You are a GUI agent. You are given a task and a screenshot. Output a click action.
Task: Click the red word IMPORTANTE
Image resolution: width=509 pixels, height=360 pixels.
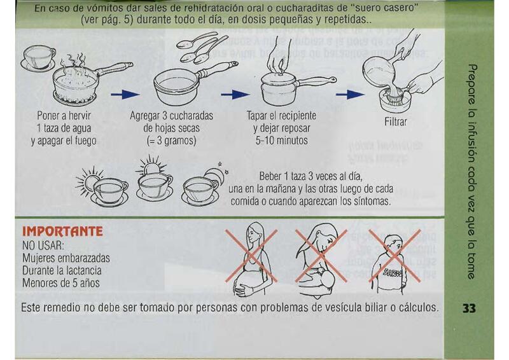(x=62, y=231)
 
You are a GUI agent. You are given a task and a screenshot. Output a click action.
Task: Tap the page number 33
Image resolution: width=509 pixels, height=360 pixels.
(x=469, y=308)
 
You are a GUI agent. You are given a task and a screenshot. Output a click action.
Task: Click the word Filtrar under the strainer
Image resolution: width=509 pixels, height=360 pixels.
(x=395, y=121)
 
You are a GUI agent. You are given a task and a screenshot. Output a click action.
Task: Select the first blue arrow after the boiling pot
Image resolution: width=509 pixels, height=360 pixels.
(x=125, y=95)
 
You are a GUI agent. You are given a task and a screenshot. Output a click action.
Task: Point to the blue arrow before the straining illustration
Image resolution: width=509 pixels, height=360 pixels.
(x=350, y=95)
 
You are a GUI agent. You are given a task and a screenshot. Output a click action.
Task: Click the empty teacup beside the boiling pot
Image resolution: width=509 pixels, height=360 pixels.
(x=38, y=59)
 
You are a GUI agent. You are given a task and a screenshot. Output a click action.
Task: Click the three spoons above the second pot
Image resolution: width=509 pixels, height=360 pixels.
(x=202, y=47)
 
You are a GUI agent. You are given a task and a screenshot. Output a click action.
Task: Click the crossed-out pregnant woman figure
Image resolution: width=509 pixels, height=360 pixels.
(x=251, y=258)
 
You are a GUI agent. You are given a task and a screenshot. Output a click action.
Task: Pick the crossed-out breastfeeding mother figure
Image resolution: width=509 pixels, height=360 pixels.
(x=321, y=260)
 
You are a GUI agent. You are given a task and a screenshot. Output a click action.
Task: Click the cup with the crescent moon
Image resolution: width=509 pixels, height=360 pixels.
(x=204, y=187)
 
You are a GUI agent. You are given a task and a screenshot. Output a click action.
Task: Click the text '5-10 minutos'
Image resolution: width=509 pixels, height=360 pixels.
(x=281, y=141)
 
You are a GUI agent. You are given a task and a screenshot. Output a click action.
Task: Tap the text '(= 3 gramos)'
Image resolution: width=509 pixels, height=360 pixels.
(x=171, y=141)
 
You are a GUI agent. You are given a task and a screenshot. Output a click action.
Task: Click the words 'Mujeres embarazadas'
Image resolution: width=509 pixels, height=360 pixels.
(x=66, y=258)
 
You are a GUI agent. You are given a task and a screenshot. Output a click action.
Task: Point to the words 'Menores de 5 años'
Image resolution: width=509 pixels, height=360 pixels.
(x=60, y=283)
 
